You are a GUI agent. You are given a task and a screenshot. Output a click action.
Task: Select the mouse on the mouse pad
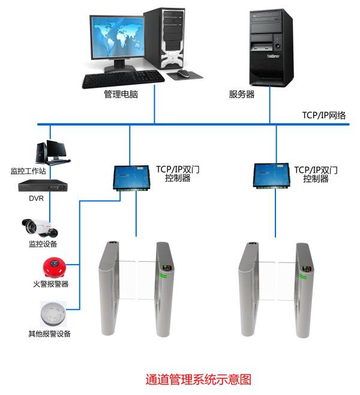click(x=182, y=73)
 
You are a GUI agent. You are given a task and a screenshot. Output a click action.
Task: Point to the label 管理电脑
click(x=121, y=94)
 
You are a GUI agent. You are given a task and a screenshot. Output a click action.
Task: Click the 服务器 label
click(x=242, y=94)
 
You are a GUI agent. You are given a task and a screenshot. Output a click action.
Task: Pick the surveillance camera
click(x=40, y=227)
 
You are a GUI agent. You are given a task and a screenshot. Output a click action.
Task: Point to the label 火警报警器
click(x=50, y=283)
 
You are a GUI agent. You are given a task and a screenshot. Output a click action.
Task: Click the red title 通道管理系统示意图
click(x=198, y=379)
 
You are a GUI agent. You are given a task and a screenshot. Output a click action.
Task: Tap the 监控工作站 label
click(x=28, y=170)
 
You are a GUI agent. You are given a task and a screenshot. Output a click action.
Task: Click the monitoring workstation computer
click(x=50, y=152)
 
